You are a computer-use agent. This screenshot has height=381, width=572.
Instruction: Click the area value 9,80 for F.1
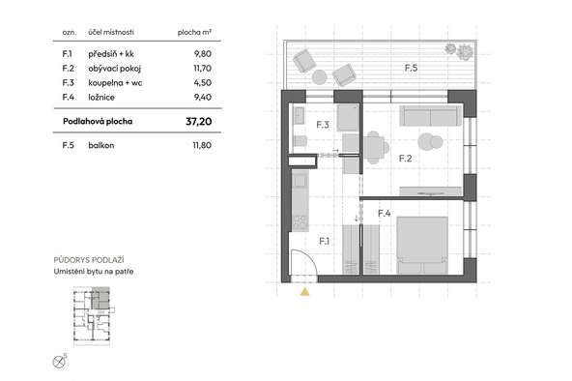tap(203, 54)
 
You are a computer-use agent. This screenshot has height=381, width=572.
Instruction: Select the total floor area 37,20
tap(198, 122)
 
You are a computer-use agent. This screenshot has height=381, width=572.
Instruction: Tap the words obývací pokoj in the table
tap(115, 69)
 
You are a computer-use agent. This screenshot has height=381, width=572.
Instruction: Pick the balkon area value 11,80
tap(202, 145)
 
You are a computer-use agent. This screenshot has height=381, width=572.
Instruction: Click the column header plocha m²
tap(194, 33)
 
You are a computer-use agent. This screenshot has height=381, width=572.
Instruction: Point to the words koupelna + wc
tap(115, 83)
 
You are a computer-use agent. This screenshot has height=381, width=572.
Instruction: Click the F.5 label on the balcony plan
tap(411, 68)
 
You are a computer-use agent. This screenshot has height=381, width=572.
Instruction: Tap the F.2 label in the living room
tap(405, 159)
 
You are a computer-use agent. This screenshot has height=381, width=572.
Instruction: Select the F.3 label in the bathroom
tap(323, 125)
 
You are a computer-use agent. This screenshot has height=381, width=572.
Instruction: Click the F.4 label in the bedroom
tap(385, 213)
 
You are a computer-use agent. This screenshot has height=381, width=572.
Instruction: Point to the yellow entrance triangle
tap(305, 292)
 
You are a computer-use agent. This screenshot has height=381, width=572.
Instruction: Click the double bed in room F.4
tap(422, 245)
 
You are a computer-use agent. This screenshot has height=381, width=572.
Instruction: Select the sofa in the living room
tap(430, 116)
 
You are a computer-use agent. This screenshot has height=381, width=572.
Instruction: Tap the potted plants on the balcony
tap(459, 51)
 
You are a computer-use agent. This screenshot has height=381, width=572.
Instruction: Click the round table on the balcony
tap(320, 77)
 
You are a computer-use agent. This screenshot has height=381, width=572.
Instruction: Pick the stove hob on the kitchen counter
tap(300, 223)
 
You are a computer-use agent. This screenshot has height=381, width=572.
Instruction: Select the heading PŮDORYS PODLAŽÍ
tap(89, 260)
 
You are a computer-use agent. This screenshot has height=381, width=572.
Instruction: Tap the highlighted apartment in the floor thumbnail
tap(100, 299)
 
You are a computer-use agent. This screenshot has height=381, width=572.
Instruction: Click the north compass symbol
tap(59, 362)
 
